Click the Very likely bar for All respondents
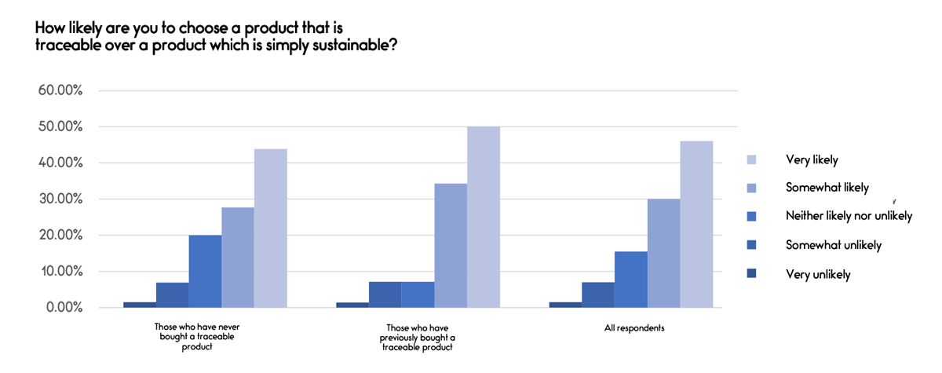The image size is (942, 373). pyautogui.click(x=696, y=225)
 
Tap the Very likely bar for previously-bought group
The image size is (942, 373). pyautogui.click(x=484, y=217)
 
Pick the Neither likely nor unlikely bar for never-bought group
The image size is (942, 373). pyautogui.click(x=205, y=272)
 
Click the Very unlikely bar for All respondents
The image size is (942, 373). pyautogui.click(x=565, y=305)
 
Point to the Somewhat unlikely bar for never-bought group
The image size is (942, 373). pyautogui.click(x=172, y=295)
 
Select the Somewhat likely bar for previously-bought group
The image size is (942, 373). pyautogui.click(x=451, y=246)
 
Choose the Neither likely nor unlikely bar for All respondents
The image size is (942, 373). pyautogui.click(x=630, y=280)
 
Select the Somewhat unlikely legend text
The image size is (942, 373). pyautogui.click(x=834, y=245)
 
